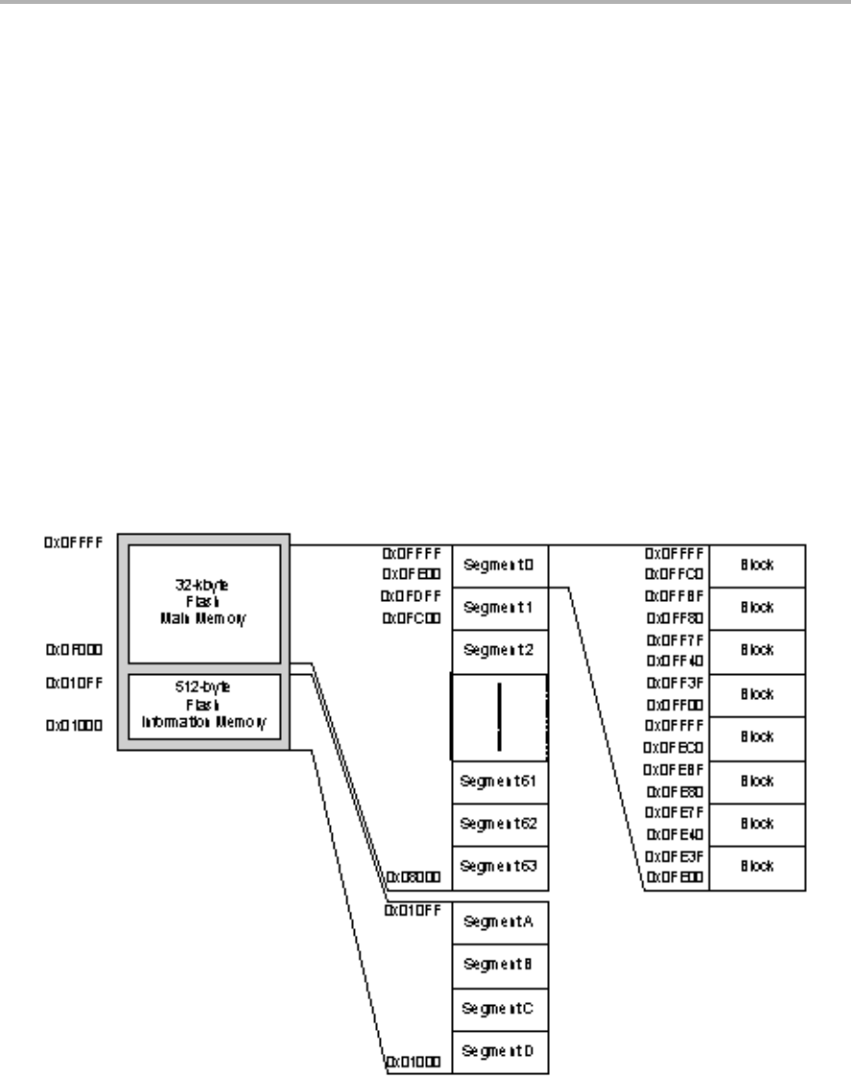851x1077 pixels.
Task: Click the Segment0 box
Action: point(498,565)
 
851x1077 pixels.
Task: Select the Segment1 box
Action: point(498,608)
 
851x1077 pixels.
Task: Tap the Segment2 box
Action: point(498,650)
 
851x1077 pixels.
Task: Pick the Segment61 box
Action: point(498,781)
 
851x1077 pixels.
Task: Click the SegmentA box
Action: point(498,921)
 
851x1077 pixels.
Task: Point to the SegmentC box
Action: point(498,1008)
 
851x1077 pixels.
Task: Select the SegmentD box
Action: point(498,1051)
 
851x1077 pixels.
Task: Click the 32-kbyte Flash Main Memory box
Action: point(203,602)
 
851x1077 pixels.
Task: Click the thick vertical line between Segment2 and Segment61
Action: point(499,715)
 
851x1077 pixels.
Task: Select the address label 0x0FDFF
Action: point(413,596)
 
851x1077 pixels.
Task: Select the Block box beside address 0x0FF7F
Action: point(757,651)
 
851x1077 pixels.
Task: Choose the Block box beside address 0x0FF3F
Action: point(757,694)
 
